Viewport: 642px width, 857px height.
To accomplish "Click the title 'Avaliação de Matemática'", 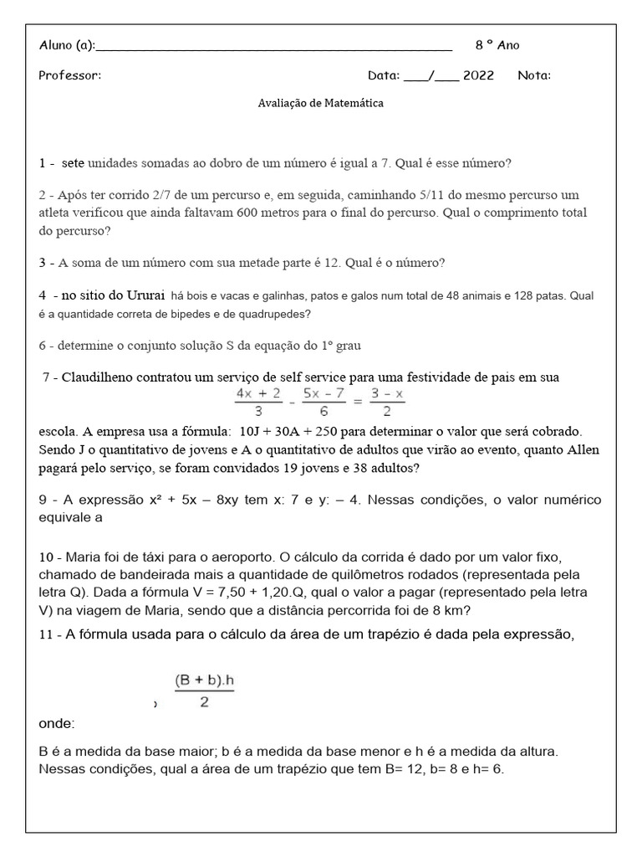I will click(321, 104).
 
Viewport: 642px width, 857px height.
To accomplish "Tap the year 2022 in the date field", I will click(478, 75).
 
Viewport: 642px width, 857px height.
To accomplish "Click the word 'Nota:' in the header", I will click(534, 75).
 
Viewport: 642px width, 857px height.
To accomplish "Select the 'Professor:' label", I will click(69, 75).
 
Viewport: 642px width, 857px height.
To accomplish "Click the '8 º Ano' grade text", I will click(497, 45).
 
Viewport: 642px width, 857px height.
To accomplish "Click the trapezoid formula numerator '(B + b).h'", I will click(205, 681).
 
